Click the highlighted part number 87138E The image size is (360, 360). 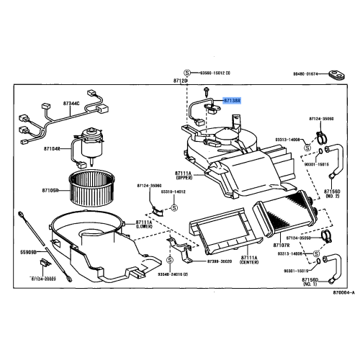tap(233, 102)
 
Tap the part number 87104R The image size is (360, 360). tap(53, 149)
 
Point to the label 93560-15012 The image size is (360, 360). tap(215, 73)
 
